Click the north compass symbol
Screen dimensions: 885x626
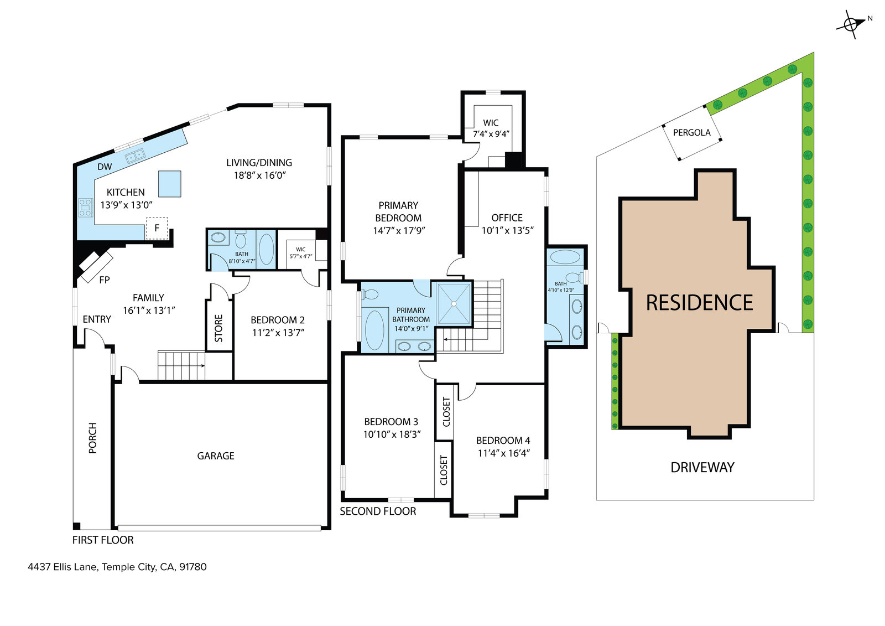(852, 24)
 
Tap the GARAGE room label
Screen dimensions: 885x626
(216, 456)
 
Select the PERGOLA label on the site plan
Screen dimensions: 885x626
(691, 133)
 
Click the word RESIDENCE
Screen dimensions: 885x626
(699, 303)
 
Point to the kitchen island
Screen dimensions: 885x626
(170, 184)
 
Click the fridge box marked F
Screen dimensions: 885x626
(157, 228)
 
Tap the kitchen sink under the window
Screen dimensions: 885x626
(135, 156)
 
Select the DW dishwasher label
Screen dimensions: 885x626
(105, 167)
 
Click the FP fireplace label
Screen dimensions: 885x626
(105, 280)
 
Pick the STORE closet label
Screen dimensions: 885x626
(219, 328)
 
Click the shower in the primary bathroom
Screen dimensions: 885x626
(454, 303)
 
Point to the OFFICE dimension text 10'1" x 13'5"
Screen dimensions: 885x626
(507, 231)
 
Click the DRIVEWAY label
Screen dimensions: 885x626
(702, 468)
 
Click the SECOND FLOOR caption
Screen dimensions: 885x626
(378, 511)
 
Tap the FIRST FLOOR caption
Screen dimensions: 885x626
(103, 540)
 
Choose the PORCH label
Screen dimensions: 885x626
(92, 438)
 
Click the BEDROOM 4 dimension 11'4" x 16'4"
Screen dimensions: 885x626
(503, 453)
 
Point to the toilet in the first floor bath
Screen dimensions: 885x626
(241, 240)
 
